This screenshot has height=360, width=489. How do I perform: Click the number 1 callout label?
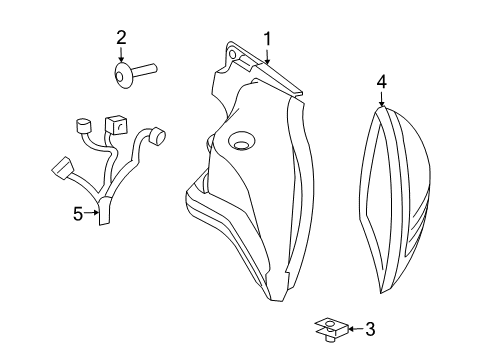click(x=268, y=38)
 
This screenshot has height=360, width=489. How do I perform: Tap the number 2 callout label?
click(x=121, y=38)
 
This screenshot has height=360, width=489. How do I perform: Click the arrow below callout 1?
click(x=268, y=56)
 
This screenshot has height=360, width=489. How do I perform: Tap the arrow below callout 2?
click(x=121, y=56)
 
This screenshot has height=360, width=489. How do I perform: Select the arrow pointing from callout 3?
click(x=351, y=327)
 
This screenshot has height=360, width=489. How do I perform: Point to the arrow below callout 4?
click(x=380, y=99)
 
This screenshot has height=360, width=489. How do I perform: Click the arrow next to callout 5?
click(x=91, y=211)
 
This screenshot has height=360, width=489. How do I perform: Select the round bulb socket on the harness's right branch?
click(x=154, y=134)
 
